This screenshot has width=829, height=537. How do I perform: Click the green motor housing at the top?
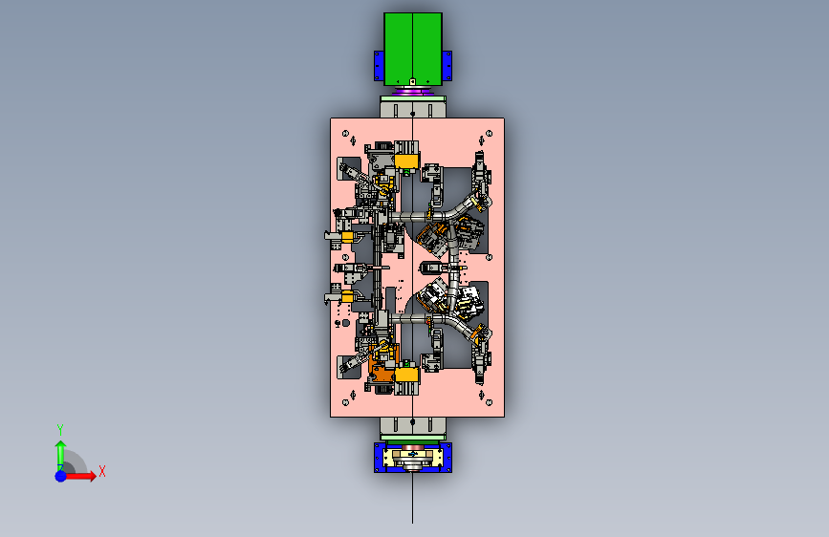click(x=413, y=49)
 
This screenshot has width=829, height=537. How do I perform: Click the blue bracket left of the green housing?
click(x=379, y=66)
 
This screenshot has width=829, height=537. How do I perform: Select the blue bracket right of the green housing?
click(x=447, y=66)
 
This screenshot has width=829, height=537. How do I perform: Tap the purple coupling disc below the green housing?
click(x=413, y=92)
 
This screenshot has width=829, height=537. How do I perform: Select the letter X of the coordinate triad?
click(x=102, y=471)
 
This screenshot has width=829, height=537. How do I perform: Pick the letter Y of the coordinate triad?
click(x=60, y=429)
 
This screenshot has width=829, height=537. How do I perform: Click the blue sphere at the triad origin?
click(x=60, y=476)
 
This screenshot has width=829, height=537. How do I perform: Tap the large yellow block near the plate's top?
click(x=406, y=161)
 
